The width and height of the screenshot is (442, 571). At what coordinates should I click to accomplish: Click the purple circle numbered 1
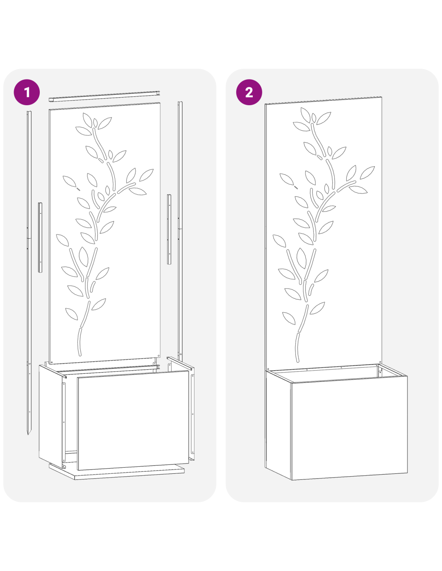pos(27,92)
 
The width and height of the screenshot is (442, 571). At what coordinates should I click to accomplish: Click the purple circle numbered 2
pos(249,92)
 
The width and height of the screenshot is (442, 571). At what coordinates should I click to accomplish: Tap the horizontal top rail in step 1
pos(104,96)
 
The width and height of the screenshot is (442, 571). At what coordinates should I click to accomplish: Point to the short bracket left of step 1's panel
pos(40,237)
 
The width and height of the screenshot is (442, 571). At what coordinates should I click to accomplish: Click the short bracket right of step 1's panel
pos(169,229)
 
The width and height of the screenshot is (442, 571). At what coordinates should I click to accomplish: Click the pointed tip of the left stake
pos(29,434)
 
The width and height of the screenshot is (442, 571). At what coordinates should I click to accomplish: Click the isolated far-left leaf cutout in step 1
pos(70,181)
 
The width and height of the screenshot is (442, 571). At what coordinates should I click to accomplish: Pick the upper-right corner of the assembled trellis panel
pos(382,97)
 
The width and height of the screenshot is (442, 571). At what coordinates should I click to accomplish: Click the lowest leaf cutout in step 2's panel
pos(289,318)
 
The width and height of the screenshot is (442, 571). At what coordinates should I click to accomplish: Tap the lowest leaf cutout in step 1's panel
pos(72,314)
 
